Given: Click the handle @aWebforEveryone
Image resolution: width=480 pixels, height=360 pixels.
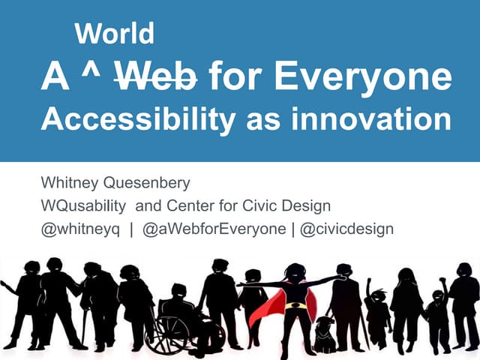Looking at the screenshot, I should [x=213, y=229].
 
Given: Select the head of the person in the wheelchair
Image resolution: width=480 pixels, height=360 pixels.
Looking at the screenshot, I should [x=178, y=290].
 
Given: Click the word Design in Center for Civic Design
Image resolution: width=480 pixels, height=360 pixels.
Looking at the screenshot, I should [x=331, y=206].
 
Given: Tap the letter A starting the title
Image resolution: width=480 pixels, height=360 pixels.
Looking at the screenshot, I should [x=55, y=76].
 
